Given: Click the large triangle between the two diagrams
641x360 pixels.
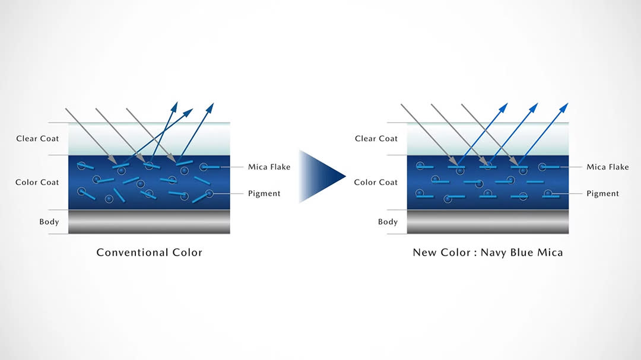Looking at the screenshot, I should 320,176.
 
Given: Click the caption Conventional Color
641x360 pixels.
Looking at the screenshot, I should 150,253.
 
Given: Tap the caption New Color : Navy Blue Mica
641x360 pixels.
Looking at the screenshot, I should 488,253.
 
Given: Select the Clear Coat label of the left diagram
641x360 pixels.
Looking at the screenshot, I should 38,139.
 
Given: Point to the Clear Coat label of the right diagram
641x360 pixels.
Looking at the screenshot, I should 376,139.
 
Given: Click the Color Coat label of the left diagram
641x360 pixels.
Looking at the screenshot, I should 37,182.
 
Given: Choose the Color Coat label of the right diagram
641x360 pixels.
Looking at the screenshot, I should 376,182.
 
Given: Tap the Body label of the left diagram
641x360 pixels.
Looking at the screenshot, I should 49,222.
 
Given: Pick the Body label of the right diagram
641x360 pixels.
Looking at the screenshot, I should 388,222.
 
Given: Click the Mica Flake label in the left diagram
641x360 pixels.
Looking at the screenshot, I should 269,167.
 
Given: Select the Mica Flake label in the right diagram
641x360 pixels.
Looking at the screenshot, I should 608,167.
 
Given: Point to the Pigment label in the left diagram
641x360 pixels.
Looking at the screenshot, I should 264,193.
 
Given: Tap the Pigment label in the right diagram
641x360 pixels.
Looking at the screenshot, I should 602,193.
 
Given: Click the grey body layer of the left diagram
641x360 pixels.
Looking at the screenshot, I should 149,222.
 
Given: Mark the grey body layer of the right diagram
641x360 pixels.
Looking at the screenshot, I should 487,222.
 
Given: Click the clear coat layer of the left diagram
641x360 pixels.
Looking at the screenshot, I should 149,139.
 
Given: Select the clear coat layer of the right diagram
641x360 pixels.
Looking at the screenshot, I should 487,139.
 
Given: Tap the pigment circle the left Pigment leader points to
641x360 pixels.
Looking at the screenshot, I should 210,193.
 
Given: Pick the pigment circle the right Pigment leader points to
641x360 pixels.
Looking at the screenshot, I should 548,193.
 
